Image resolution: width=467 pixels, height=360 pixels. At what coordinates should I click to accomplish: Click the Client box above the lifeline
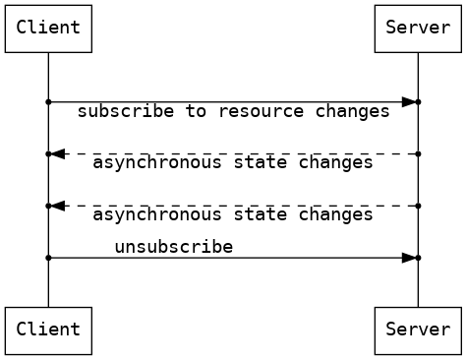(48, 28)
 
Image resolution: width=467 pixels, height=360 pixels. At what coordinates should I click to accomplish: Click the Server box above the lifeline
(418, 28)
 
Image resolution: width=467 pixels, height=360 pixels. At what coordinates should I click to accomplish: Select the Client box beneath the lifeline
(48, 330)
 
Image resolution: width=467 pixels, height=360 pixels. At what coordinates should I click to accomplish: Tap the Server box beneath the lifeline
(418, 330)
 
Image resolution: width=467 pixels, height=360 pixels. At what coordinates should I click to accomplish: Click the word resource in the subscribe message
(262, 111)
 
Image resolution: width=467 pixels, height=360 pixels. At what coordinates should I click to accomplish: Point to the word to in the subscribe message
(197, 111)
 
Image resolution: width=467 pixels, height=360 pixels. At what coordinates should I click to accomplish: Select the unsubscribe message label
(173, 246)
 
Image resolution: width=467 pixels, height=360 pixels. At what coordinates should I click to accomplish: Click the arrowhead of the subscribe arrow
(408, 102)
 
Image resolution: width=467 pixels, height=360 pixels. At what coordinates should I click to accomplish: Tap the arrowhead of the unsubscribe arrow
(408, 258)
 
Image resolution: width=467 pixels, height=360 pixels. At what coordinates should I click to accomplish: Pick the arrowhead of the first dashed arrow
(58, 154)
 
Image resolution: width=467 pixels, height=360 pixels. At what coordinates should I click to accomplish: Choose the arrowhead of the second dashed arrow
(58, 206)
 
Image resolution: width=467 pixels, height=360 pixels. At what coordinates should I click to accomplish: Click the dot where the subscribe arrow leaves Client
(48, 102)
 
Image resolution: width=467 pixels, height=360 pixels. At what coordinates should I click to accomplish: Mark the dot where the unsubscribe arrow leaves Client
(48, 258)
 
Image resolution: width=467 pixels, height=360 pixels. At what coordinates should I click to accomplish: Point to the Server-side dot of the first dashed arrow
(418, 154)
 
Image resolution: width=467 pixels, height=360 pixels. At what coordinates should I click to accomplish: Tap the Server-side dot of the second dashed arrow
(418, 206)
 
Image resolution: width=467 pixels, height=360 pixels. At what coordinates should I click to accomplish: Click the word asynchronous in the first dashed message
(157, 162)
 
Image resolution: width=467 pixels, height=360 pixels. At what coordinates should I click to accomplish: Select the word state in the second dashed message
(261, 214)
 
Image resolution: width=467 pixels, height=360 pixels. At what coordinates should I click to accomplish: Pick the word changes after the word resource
(353, 111)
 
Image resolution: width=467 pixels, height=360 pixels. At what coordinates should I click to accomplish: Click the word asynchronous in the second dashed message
(157, 214)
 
